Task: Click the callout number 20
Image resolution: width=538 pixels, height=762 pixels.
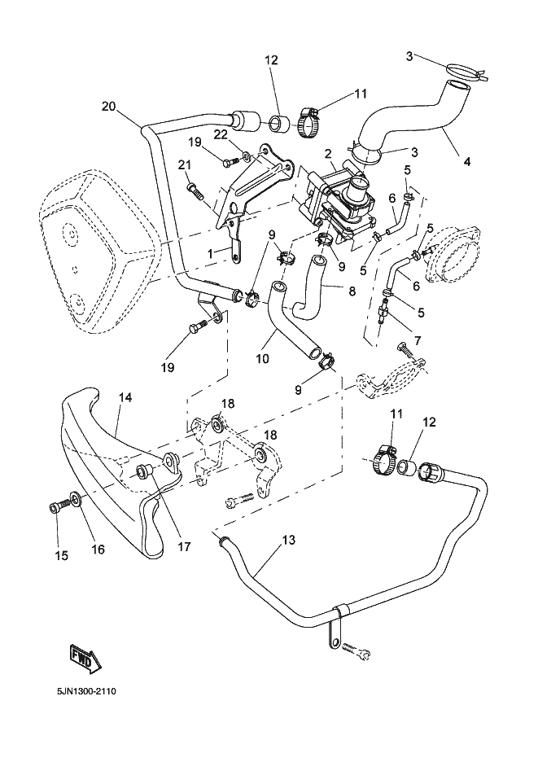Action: [x=108, y=105]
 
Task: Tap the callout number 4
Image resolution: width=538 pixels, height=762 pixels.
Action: [x=466, y=161]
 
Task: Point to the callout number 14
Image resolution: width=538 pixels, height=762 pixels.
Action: [x=125, y=397]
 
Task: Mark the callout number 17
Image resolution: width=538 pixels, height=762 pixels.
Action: [x=185, y=547]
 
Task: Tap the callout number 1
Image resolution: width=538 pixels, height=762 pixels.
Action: [x=211, y=254]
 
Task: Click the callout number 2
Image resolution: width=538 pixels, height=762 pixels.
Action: [x=327, y=153]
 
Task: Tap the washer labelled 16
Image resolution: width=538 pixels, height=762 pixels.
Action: [x=75, y=497]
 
